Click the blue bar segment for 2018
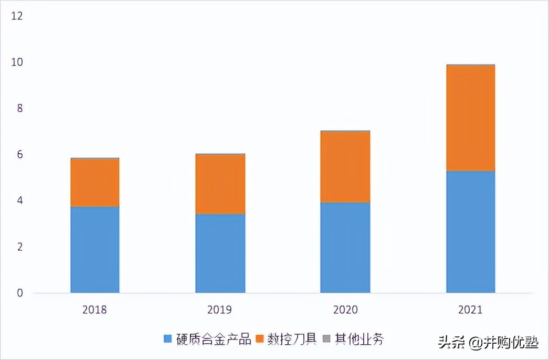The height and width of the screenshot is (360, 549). tap(95, 249)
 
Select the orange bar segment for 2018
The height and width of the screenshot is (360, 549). tap(95, 182)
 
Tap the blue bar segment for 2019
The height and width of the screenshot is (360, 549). tap(220, 253)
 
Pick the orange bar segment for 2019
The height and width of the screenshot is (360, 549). tap(220, 184)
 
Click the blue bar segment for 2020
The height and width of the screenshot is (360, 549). tap(345, 247)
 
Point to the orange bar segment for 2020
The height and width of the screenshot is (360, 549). tap(345, 167)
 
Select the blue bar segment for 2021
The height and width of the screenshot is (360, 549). tap(470, 231)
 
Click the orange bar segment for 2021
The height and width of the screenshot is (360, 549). tap(470, 118)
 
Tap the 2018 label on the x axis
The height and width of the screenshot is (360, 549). tap(94, 310)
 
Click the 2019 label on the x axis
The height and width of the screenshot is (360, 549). tap(220, 310)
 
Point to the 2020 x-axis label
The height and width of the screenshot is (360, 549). tap(345, 310)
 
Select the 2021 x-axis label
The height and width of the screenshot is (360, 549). tap(470, 310)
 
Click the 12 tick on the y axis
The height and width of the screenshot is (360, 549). tap(17, 16)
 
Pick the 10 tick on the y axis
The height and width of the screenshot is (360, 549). tap(17, 62)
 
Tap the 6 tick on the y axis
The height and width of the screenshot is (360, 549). tap(20, 155)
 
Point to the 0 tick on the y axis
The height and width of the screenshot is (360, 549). tap(20, 293)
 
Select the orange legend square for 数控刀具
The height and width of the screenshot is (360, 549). tap(260, 339)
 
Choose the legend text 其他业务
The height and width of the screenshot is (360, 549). tap(360, 339)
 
